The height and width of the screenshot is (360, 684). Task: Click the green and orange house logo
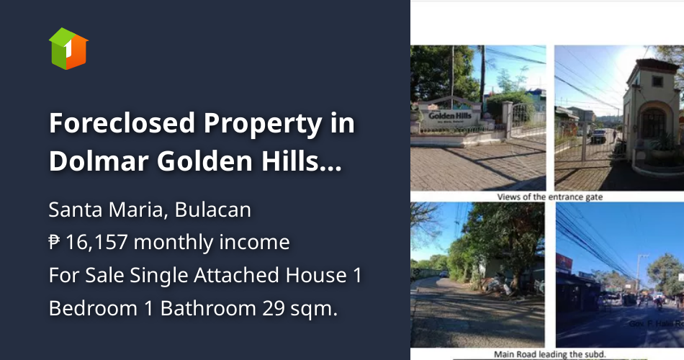[x=68, y=49]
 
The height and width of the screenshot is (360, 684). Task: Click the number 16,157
[x=96, y=243]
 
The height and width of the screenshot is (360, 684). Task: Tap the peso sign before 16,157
[x=55, y=243]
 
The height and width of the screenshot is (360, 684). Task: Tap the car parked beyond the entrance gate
[x=598, y=135]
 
